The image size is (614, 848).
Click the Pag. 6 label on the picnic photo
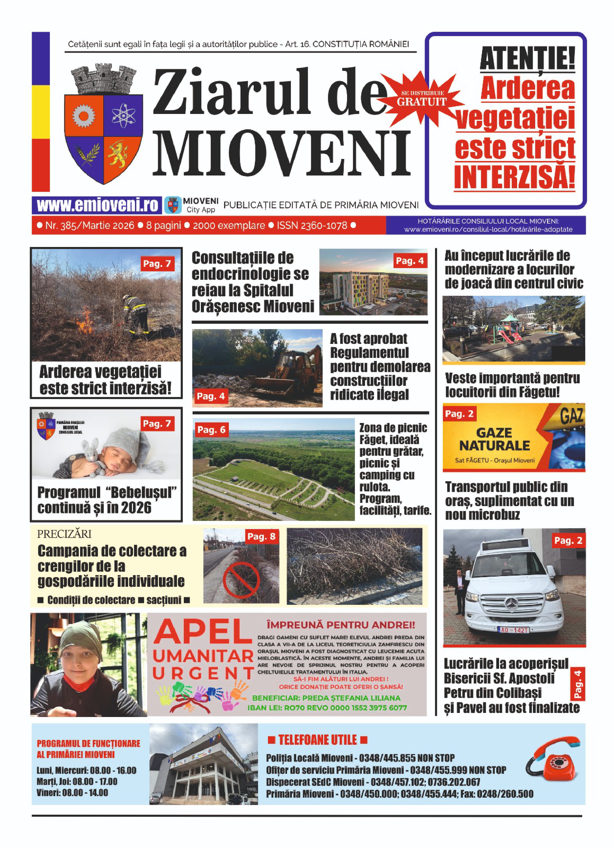[211, 430]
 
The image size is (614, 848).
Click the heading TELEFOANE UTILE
[318, 740]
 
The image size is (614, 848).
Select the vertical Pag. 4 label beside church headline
[577, 684]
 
